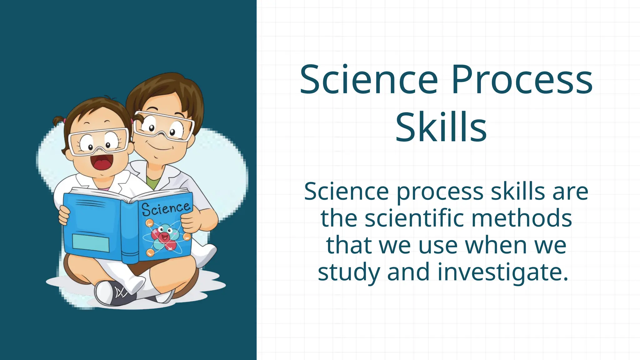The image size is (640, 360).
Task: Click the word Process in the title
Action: pyautogui.click(x=522, y=80)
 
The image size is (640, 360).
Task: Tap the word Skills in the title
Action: pyautogui.click(x=441, y=127)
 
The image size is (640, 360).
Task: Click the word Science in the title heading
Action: pyautogui.click(x=369, y=80)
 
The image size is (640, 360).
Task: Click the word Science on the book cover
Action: pyautogui.click(x=166, y=208)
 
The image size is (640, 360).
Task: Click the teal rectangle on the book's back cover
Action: pyautogui.click(x=91, y=242)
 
